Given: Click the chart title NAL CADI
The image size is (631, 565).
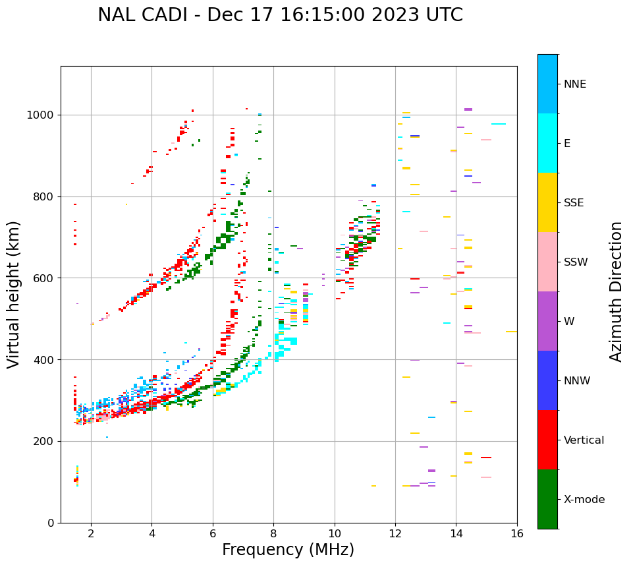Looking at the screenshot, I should (x=145, y=15).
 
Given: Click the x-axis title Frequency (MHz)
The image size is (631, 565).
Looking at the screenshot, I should (x=288, y=550).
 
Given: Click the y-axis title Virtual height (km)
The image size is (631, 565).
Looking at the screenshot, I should (x=14, y=294).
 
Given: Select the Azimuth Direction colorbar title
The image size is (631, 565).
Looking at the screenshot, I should (x=616, y=291).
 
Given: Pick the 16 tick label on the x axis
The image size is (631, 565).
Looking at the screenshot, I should (x=517, y=533).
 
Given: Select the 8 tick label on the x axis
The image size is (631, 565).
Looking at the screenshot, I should (x=274, y=533).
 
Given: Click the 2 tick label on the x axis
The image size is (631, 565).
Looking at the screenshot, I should (x=91, y=533).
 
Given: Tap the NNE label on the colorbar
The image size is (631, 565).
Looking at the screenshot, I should (x=574, y=84).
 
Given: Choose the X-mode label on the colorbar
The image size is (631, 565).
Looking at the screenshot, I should (x=584, y=500).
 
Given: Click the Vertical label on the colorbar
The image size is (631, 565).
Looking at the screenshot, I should (x=584, y=440).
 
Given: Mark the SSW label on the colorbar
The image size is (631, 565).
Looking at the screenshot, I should (x=576, y=262).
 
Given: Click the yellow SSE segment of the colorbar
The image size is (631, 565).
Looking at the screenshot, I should (x=547, y=202).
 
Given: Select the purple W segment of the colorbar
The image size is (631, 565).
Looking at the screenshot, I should (x=547, y=321).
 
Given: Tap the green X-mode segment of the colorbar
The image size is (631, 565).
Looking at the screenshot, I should (x=547, y=499).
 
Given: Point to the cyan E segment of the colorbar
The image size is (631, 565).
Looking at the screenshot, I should (x=547, y=143).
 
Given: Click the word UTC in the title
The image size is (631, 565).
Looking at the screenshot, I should (x=445, y=15).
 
